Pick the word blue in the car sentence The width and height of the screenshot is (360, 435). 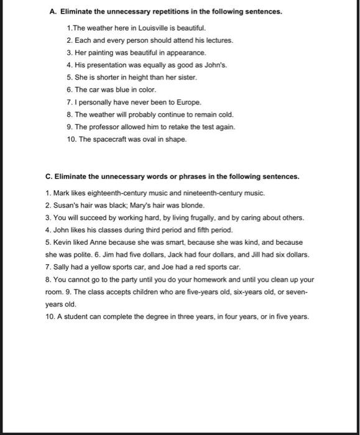[x=118, y=89]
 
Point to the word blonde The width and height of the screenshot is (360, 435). [x=190, y=205]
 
